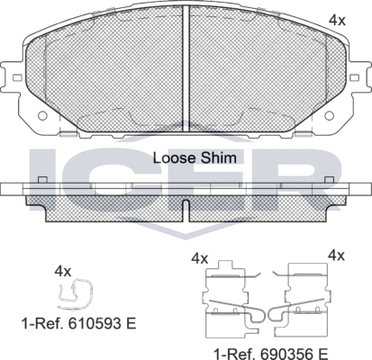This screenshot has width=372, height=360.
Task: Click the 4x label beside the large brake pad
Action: click(x=336, y=19)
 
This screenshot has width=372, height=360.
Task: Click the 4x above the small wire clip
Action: click(x=62, y=269)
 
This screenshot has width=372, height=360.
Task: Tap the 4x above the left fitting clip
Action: click(x=200, y=257)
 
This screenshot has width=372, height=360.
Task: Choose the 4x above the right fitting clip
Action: click(x=336, y=256)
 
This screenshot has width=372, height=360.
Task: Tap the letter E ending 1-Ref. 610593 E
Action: click(x=132, y=320)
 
